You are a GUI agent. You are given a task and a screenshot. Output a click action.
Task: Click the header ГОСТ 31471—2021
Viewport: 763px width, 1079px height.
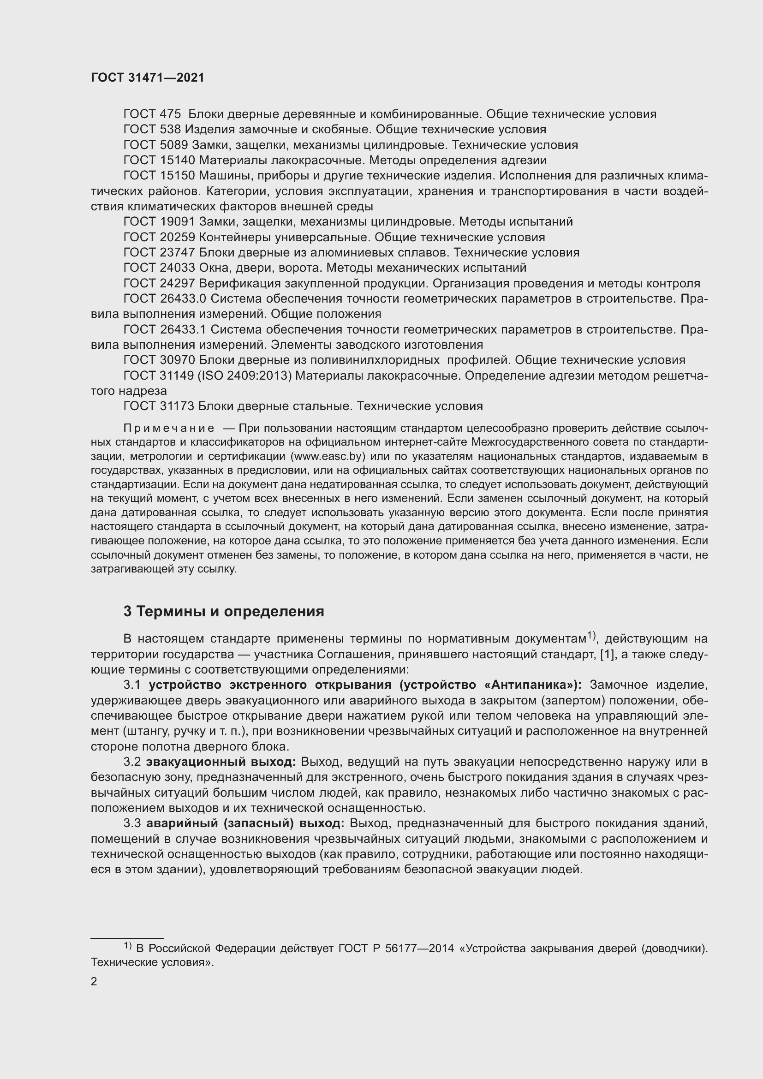click(x=148, y=78)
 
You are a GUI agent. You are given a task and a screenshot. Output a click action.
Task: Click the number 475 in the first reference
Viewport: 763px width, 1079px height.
click(x=171, y=114)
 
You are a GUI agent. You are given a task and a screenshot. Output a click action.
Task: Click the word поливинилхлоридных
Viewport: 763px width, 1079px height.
click(x=370, y=360)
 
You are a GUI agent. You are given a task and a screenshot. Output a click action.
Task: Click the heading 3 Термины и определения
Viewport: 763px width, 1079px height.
click(x=224, y=611)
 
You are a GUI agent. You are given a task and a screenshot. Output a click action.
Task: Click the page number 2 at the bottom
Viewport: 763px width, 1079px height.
click(x=94, y=982)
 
